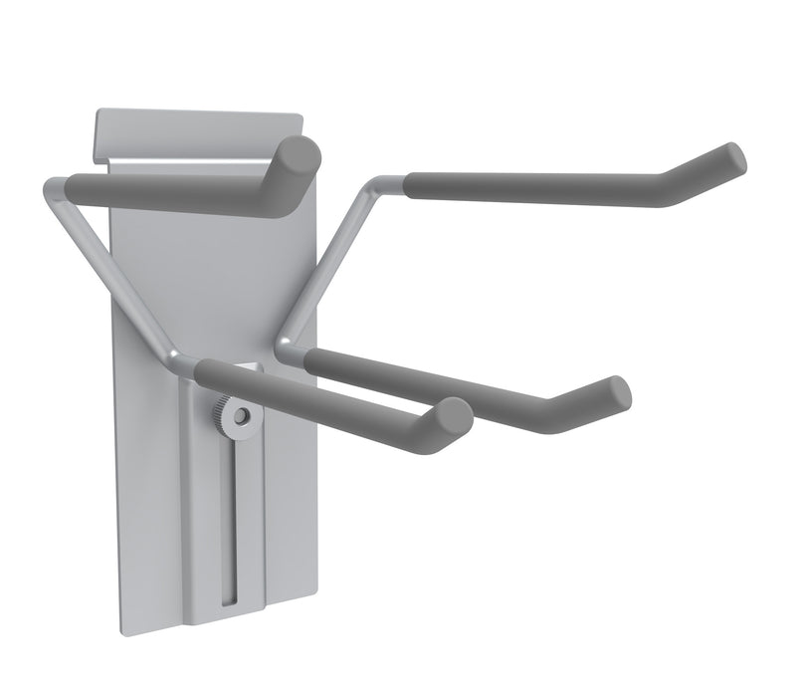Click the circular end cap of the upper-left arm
click(299, 158)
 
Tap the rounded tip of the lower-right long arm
click(617, 391)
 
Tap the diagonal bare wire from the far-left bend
click(114, 279)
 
